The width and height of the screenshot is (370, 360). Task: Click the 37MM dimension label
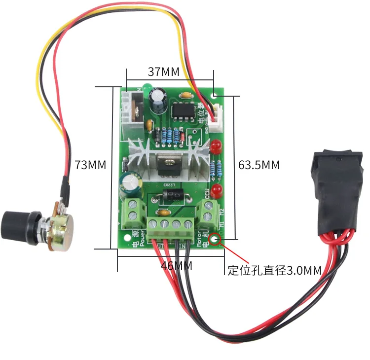163,72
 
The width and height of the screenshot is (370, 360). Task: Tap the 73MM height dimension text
90,165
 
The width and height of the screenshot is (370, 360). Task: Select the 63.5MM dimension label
259,165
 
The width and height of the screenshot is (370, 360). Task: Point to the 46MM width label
176,266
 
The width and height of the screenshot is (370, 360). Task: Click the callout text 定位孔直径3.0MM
274,270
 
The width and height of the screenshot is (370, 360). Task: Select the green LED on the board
147,89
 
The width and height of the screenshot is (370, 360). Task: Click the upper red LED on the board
216,146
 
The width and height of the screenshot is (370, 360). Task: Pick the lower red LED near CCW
218,189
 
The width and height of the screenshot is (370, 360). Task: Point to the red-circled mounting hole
215,240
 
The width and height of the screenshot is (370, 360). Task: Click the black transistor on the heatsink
166,163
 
